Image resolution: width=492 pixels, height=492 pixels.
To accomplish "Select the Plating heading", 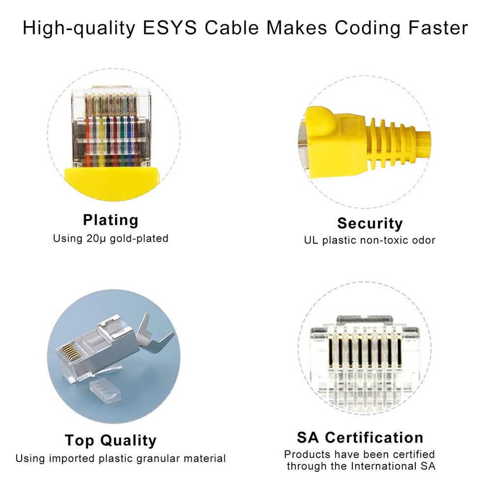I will click(111, 219).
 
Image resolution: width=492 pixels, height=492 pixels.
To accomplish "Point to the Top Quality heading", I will click(111, 440).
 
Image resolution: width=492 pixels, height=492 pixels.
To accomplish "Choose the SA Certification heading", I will click(360, 437).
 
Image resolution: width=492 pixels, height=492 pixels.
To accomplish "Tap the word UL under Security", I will click(311, 241).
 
